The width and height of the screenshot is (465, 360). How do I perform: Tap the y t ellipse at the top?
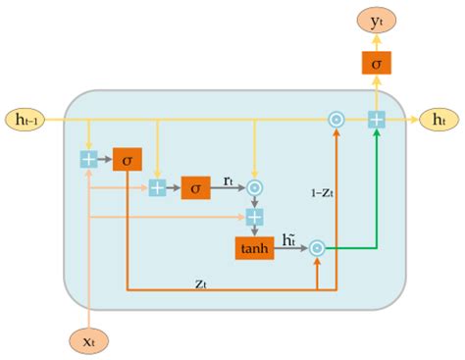(376, 19)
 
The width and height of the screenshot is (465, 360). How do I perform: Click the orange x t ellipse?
(89, 340)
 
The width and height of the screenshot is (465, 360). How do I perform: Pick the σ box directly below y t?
(376, 64)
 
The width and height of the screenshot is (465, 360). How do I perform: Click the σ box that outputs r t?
(195, 186)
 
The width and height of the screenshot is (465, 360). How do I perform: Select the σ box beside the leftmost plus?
(127, 158)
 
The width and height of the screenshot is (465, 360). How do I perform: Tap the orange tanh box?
(254, 248)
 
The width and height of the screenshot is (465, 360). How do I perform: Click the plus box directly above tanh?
(255, 216)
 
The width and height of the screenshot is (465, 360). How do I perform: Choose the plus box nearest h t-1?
(89, 158)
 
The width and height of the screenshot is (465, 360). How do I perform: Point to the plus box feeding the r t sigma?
(157, 186)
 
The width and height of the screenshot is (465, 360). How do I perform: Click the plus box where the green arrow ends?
(376, 119)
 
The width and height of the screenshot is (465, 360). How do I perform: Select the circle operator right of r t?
(255, 186)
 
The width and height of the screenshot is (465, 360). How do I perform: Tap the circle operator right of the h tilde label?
(317, 248)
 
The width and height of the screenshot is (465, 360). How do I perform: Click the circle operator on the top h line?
(336, 119)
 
